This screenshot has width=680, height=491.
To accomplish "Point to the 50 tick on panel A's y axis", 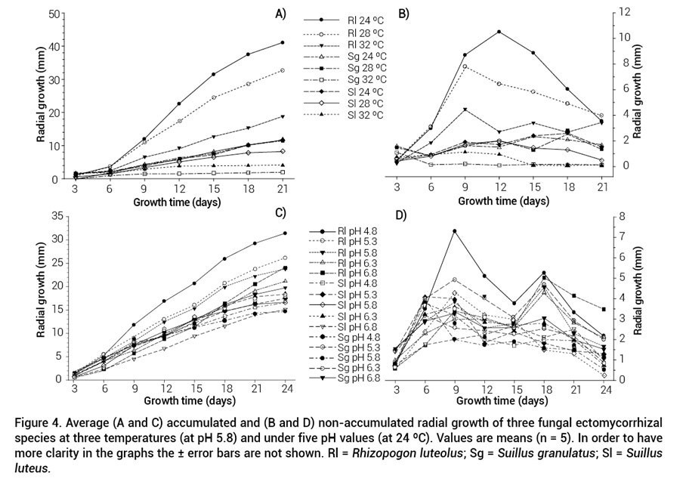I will tap(54, 14).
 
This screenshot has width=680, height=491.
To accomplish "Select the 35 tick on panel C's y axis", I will tap(54, 216).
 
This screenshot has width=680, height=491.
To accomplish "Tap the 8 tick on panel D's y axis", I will tap(621, 216).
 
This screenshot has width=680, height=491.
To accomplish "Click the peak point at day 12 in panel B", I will tap(499, 32).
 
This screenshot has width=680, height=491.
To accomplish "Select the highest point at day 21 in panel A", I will tap(283, 42).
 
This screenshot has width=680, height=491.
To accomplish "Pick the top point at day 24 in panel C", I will tap(284, 233).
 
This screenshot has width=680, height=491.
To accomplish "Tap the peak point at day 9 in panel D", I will tap(455, 231).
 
